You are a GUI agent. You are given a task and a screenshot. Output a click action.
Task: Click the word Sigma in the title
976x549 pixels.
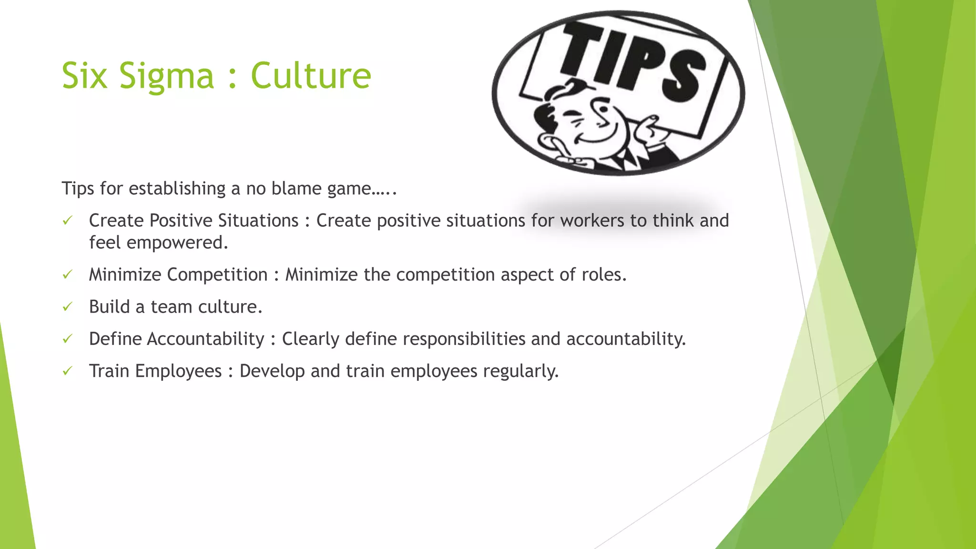tap(166, 76)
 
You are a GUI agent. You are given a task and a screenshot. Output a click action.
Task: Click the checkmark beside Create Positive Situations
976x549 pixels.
tap(67, 220)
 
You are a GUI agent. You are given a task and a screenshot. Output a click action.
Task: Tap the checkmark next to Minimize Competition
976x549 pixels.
tap(67, 274)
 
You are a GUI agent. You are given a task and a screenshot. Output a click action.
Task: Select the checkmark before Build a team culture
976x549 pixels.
tap(67, 306)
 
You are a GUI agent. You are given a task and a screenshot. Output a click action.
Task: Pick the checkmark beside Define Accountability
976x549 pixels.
tap(67, 339)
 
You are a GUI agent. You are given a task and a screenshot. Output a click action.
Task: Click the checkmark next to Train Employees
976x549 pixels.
tap(67, 371)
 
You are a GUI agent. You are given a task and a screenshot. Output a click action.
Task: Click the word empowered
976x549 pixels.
tap(177, 243)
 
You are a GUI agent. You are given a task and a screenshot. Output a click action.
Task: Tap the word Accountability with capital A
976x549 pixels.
tap(205, 339)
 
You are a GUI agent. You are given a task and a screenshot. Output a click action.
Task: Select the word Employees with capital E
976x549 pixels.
tap(178, 371)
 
